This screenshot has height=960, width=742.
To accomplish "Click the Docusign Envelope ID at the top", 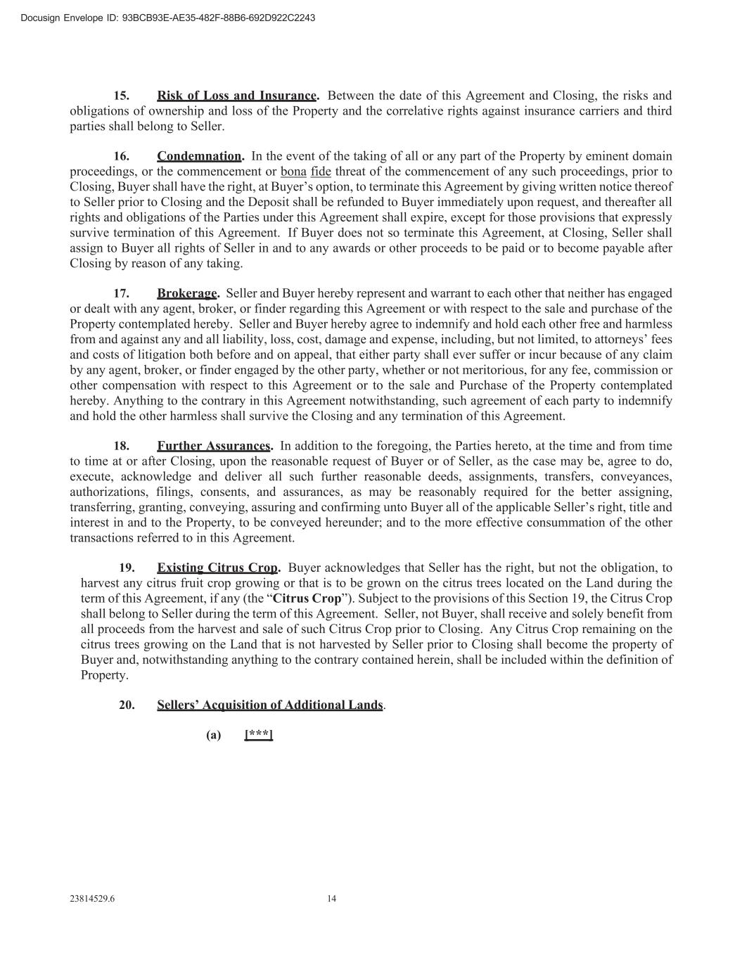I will tap(167, 18).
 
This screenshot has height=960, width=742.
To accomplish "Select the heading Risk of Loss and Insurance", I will tap(237, 96).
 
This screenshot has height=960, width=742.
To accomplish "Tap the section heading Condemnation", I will tap(199, 156).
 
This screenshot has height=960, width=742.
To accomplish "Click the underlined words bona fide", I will tap(305, 172).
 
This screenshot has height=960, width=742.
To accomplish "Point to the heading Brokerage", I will tap(187, 293).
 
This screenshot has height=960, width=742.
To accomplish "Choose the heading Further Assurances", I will tap(214, 446).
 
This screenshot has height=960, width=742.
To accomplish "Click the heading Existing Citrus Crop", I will tap(217, 568).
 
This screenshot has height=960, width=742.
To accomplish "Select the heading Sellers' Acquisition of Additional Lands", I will tap(270, 705).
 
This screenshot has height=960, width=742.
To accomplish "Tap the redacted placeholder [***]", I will tap(258, 735).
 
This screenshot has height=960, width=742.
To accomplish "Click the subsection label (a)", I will tap(213, 735).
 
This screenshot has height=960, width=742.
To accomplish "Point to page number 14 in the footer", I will tap(332, 898).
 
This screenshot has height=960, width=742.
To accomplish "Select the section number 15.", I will tap(122, 96).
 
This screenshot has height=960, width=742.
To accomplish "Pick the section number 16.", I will tap(122, 156).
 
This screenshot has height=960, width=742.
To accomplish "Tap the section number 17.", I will tap(122, 293).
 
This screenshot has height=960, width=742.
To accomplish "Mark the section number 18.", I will tap(122, 446).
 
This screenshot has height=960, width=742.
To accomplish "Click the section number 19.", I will tap(127, 568).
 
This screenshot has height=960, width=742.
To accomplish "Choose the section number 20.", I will tap(127, 705).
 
